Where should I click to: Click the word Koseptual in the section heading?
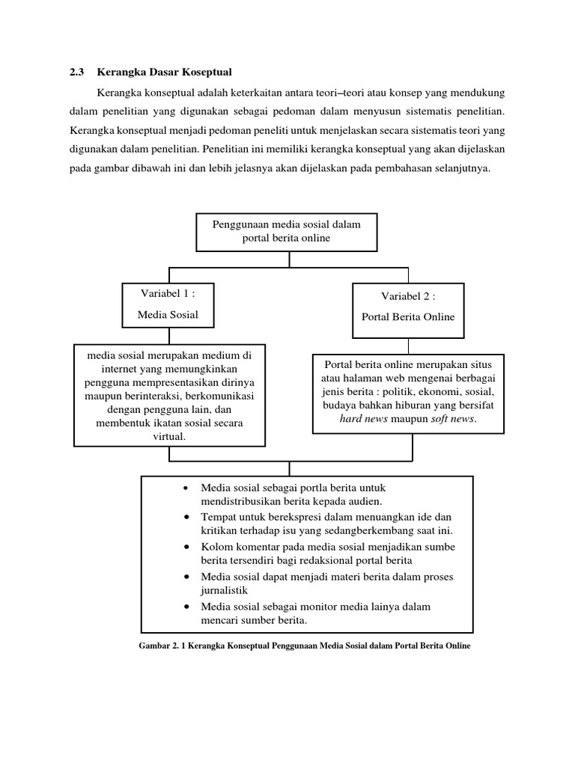204,73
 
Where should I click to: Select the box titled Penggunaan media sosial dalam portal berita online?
286,231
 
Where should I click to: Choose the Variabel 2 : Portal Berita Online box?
408,306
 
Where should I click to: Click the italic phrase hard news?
364,419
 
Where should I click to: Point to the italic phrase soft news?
453,419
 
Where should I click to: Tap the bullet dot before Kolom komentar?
186,548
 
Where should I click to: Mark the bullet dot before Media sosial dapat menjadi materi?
186,577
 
